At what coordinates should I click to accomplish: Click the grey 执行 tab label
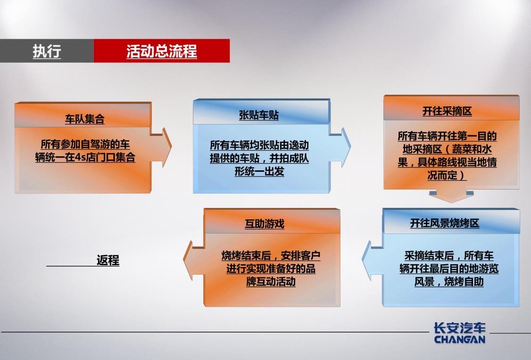tap(47, 51)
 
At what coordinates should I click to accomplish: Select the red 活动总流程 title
tap(162, 51)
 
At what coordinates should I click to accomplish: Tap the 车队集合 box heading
tap(85, 119)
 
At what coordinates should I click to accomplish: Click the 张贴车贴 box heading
tap(259, 115)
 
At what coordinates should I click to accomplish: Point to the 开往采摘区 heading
tap(447, 111)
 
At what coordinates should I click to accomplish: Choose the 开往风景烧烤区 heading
tap(445, 223)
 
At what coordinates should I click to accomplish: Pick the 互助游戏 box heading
tap(265, 224)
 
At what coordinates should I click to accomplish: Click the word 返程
tap(108, 260)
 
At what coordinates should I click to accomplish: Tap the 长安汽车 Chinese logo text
tap(460, 327)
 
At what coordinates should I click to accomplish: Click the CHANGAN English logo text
tap(460, 339)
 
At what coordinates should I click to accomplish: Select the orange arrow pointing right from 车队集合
tap(161, 147)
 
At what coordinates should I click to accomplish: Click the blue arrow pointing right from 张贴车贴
tap(340, 147)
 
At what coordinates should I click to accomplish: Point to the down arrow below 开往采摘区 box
tap(451, 196)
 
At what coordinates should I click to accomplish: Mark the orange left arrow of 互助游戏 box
tap(193, 260)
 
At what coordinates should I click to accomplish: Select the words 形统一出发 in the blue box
tap(259, 171)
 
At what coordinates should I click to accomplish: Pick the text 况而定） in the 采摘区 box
tap(447, 175)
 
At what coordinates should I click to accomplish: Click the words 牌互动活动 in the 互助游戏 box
tap(271, 281)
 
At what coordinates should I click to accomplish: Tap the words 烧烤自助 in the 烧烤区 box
tap(464, 281)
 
